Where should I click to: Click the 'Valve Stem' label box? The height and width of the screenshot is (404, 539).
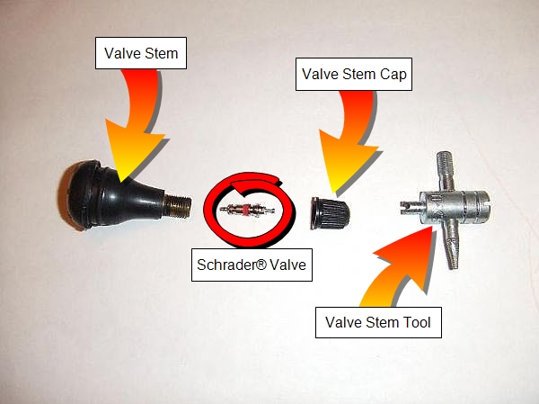(x=141, y=53)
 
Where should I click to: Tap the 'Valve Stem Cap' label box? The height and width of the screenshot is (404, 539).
(x=354, y=74)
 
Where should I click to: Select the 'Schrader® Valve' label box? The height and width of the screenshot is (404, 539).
(x=252, y=265)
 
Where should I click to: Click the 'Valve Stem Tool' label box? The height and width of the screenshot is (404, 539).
(x=378, y=322)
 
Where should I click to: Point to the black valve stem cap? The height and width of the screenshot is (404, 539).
(x=330, y=213)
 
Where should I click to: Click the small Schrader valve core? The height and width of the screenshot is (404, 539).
(x=247, y=209)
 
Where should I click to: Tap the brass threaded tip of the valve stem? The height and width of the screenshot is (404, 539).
(x=177, y=206)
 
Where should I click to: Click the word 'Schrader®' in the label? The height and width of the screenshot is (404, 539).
(x=232, y=265)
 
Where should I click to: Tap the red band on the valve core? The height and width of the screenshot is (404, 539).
(x=246, y=209)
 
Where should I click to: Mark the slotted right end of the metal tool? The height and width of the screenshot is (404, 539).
(x=482, y=207)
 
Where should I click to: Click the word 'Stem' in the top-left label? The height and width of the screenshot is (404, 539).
(x=161, y=53)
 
